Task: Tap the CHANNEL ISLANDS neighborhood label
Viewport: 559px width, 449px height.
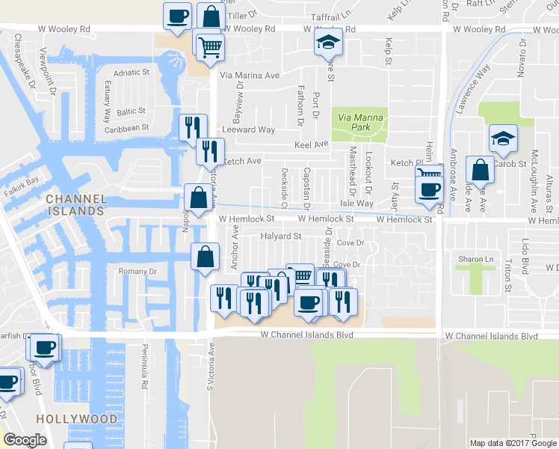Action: [x=74, y=204]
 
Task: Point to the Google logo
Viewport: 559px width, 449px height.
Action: [x=25, y=440]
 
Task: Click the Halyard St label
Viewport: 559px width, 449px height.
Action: [x=280, y=236]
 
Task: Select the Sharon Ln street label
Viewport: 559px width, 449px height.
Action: [x=475, y=259]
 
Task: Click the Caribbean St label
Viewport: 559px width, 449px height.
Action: [x=127, y=128]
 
